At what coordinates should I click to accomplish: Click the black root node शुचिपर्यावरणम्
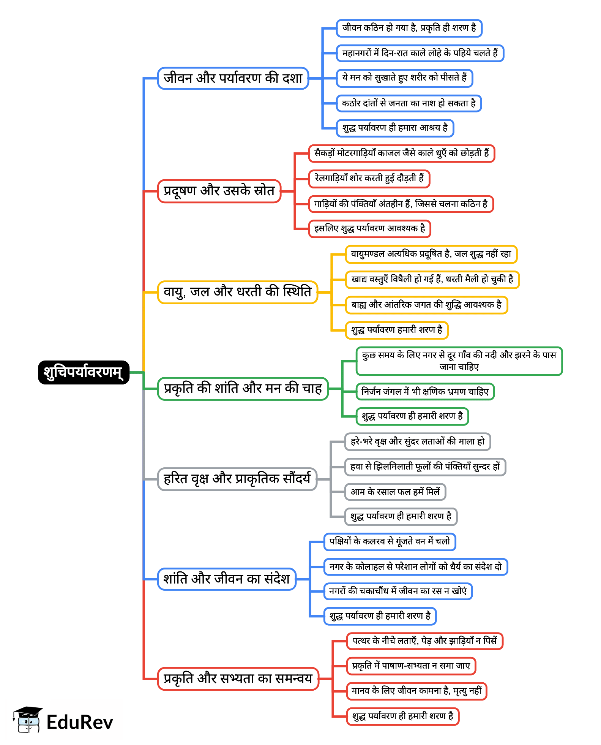84,372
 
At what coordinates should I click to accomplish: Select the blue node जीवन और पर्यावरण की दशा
233,78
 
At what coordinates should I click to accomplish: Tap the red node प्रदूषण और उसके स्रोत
219,191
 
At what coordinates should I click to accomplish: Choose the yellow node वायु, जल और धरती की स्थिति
237,292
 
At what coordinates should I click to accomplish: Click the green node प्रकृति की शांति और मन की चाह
243,389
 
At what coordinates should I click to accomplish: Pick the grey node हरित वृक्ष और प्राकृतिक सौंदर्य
237,479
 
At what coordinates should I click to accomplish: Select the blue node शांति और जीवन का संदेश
227,579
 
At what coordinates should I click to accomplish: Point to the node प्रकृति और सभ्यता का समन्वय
238,679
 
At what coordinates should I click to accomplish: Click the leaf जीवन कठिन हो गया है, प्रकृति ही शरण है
409,28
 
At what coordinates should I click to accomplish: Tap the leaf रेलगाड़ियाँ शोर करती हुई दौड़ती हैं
369,179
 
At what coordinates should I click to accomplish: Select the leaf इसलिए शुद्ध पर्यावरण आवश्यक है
369,229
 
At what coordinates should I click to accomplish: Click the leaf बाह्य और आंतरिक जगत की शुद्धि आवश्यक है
426,305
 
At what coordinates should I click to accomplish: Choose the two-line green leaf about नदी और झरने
459,361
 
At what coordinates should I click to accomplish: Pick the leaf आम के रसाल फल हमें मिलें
395,492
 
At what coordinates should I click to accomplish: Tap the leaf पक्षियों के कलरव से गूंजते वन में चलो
390,542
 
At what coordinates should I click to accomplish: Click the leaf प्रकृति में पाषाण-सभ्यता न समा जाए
411,666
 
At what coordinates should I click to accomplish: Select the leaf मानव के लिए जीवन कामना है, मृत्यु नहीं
416,691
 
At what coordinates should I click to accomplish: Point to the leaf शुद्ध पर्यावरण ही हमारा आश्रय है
395,128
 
